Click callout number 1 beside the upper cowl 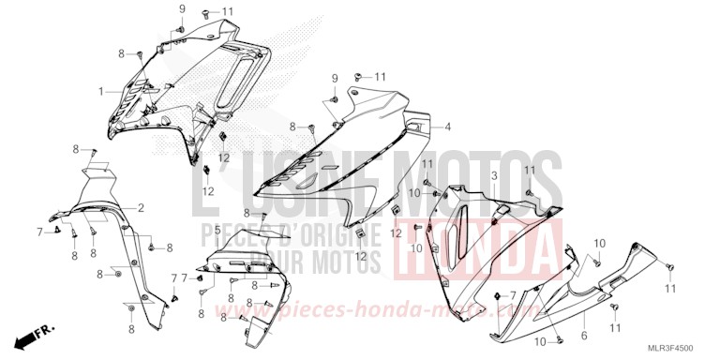point(101,91)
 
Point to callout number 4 point(448,127)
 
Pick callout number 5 point(217,230)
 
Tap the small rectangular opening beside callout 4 point(417,123)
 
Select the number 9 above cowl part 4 point(334,77)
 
